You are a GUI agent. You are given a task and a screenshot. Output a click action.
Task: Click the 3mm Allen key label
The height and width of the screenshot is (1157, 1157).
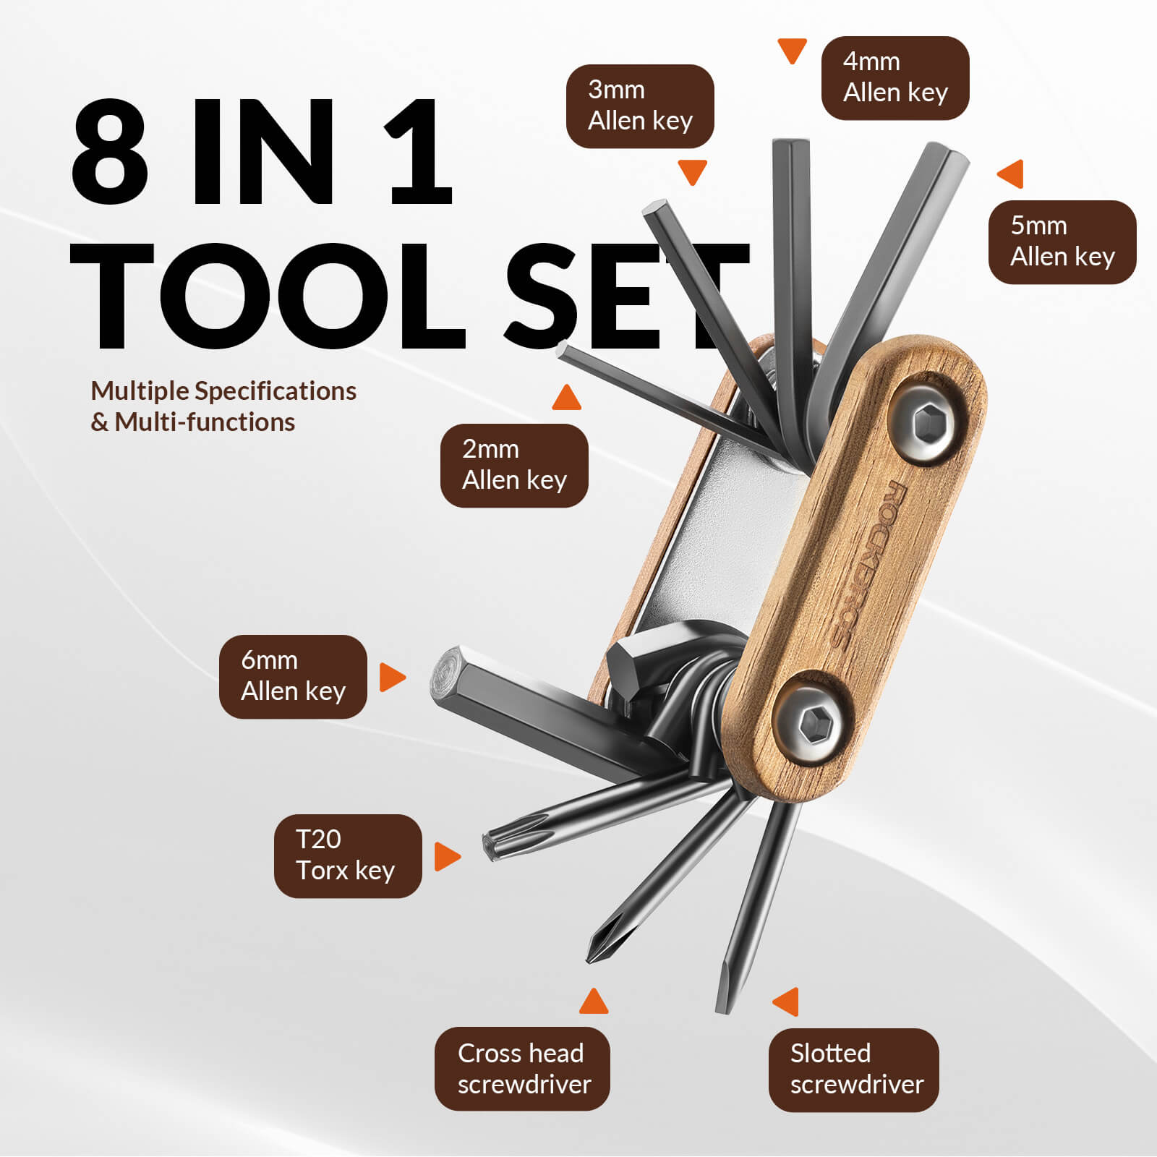(639, 106)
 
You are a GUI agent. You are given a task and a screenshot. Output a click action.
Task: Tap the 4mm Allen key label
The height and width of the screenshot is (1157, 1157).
(895, 78)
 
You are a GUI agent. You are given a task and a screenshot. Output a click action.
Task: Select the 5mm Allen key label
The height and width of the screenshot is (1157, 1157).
(1062, 242)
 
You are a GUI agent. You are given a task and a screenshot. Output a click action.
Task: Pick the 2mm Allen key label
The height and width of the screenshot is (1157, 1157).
(513, 465)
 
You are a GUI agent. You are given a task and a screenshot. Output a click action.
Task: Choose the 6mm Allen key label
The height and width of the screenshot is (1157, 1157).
(293, 676)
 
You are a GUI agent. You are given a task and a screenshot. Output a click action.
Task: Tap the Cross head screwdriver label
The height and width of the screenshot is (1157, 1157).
(522, 1068)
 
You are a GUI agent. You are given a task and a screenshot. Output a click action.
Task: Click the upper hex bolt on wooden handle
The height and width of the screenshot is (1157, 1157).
(928, 423)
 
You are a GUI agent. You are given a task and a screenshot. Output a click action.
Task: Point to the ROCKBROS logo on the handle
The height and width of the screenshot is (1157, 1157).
(868, 564)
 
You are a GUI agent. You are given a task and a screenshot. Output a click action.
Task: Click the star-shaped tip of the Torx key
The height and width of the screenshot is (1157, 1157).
(492, 844)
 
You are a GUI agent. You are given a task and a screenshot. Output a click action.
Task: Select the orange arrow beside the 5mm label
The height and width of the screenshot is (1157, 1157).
(1011, 174)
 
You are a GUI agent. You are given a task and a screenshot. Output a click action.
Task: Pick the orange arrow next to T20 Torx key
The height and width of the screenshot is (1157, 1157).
(446, 856)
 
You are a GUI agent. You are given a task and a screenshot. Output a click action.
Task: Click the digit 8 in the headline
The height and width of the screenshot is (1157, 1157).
(110, 153)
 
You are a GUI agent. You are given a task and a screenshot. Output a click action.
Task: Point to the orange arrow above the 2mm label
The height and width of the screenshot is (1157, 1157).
(566, 398)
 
